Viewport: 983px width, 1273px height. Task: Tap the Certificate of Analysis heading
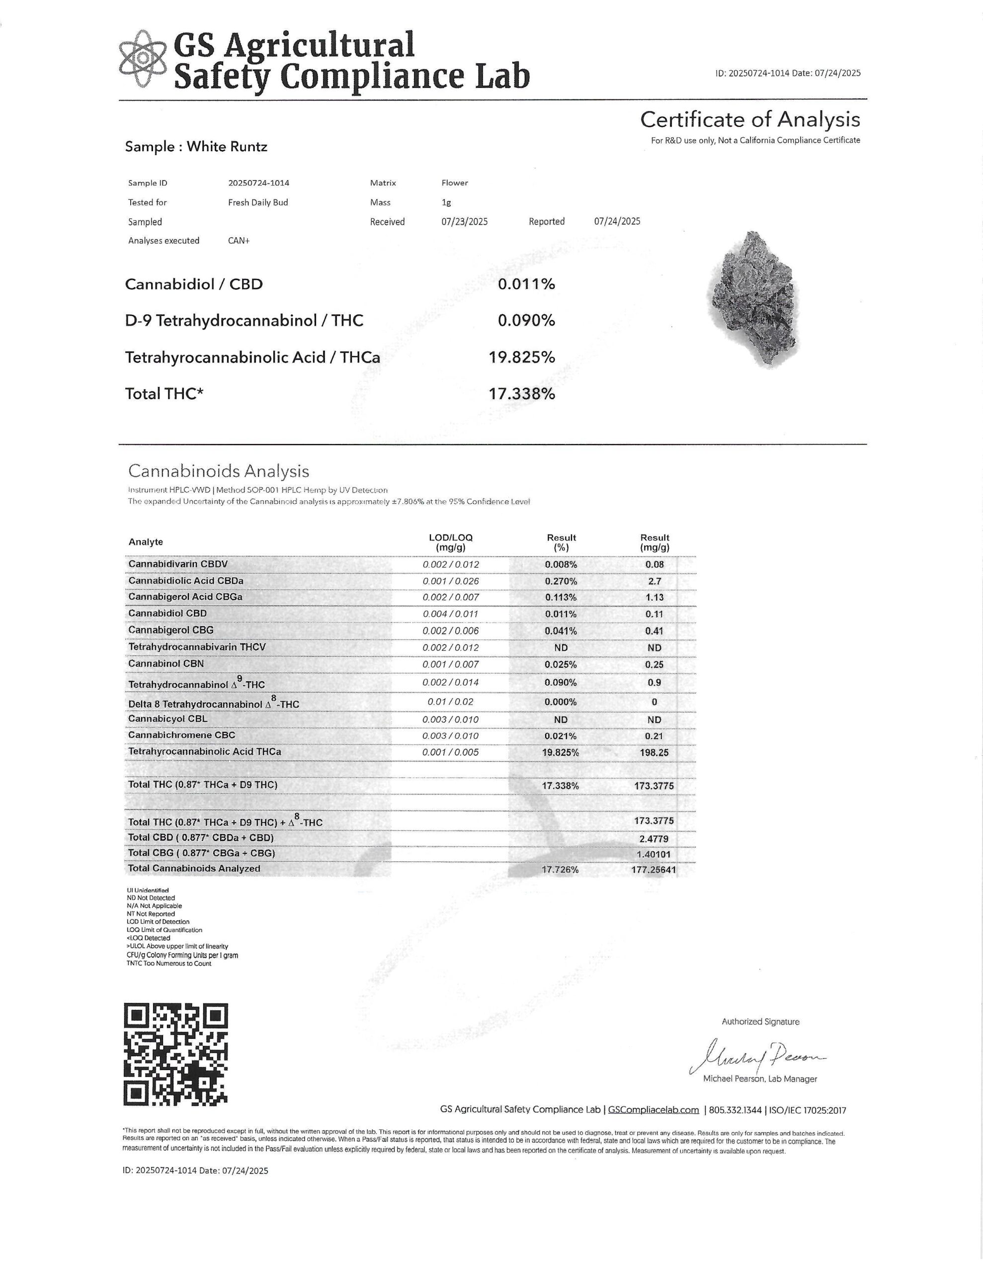(x=749, y=119)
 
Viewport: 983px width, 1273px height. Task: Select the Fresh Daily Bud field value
(x=257, y=202)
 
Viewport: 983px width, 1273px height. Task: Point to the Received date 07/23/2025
(x=464, y=221)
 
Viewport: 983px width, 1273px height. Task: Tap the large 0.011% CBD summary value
(x=526, y=284)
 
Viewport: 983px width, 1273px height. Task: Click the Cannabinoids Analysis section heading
(x=219, y=471)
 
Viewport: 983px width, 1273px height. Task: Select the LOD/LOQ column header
(x=450, y=542)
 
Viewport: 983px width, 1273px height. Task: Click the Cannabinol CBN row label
(x=166, y=664)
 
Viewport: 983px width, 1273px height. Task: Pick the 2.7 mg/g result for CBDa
(x=655, y=581)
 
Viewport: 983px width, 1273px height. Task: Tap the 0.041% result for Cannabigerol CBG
(x=561, y=631)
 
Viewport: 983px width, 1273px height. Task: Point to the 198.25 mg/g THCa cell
(x=654, y=752)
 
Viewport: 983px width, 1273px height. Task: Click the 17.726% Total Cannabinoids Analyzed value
(x=560, y=870)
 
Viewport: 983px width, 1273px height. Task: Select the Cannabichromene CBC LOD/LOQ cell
(x=450, y=735)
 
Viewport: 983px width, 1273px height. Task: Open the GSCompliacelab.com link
(x=653, y=1110)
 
